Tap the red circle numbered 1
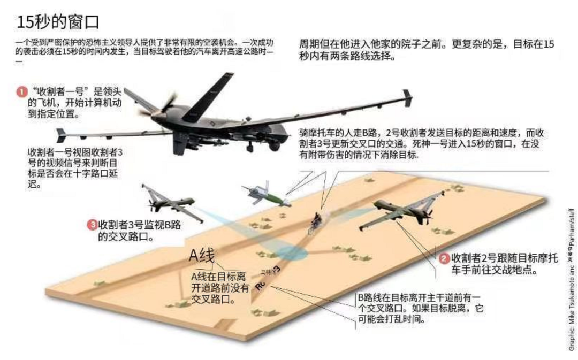click(x=22, y=92)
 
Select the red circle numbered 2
click(x=444, y=259)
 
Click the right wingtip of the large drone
click(x=407, y=97)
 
